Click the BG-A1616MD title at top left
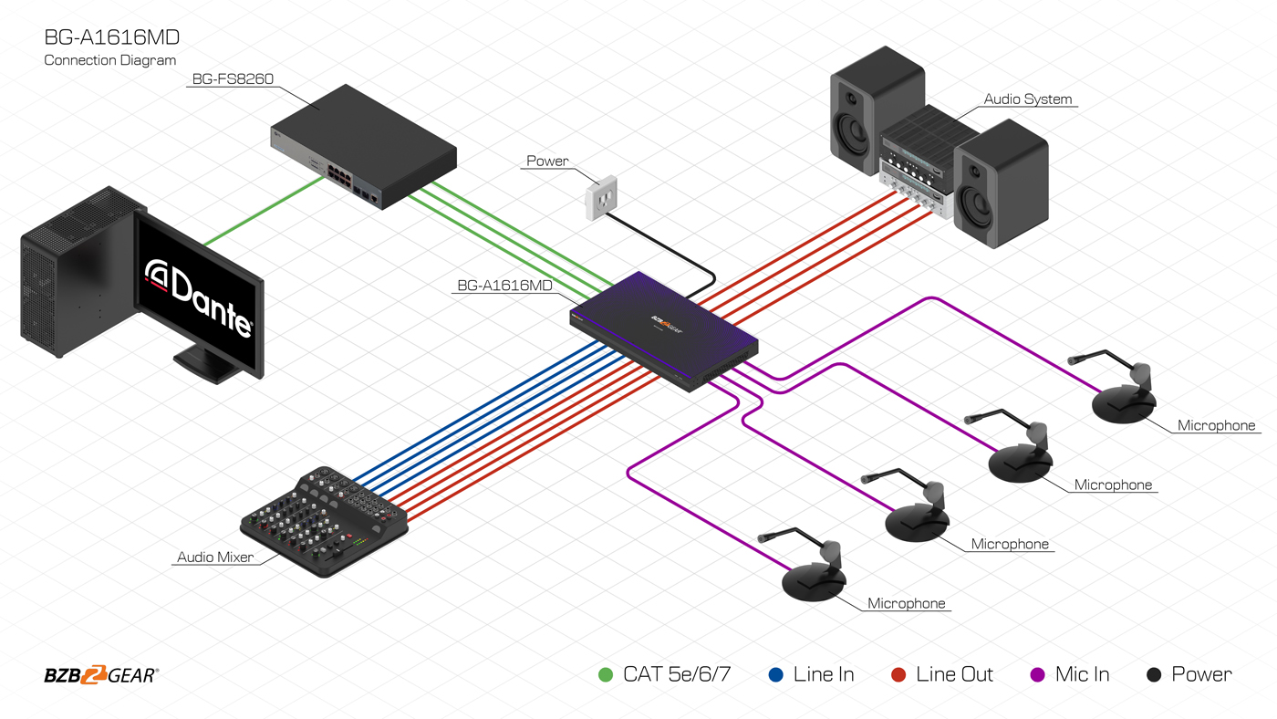[x=111, y=37]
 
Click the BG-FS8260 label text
[x=232, y=79]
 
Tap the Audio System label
[x=1028, y=99]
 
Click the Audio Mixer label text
[x=215, y=557]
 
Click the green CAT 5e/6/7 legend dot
[x=605, y=675]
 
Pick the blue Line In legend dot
[x=776, y=675]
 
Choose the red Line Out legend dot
[x=898, y=675]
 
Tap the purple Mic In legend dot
[x=1037, y=675]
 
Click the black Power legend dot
[x=1154, y=675]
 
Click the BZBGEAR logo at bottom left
[x=101, y=675]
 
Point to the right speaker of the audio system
[x=1002, y=182]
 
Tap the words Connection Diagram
[x=109, y=60]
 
